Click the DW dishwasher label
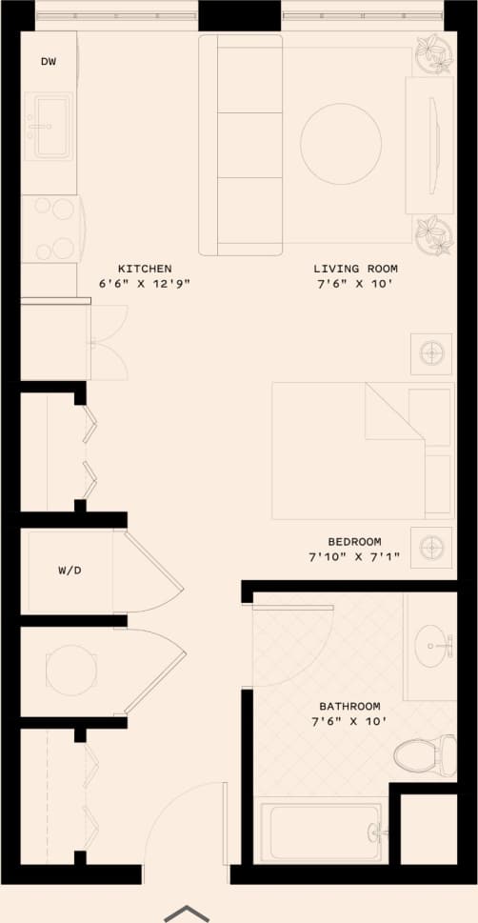pos(49,62)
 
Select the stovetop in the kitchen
pos(50,229)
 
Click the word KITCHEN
pos(145,269)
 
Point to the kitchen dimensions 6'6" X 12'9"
pos(145,284)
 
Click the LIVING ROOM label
pos(356,269)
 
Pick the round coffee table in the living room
pos(341,144)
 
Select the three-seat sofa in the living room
pos(241,144)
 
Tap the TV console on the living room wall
pos(429,145)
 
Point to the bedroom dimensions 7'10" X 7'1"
pos(354,556)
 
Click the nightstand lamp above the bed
pos(431,354)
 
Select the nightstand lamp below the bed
pos(431,548)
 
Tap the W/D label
pos(70,572)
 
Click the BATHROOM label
pos(349,706)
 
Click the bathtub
pos(322,832)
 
